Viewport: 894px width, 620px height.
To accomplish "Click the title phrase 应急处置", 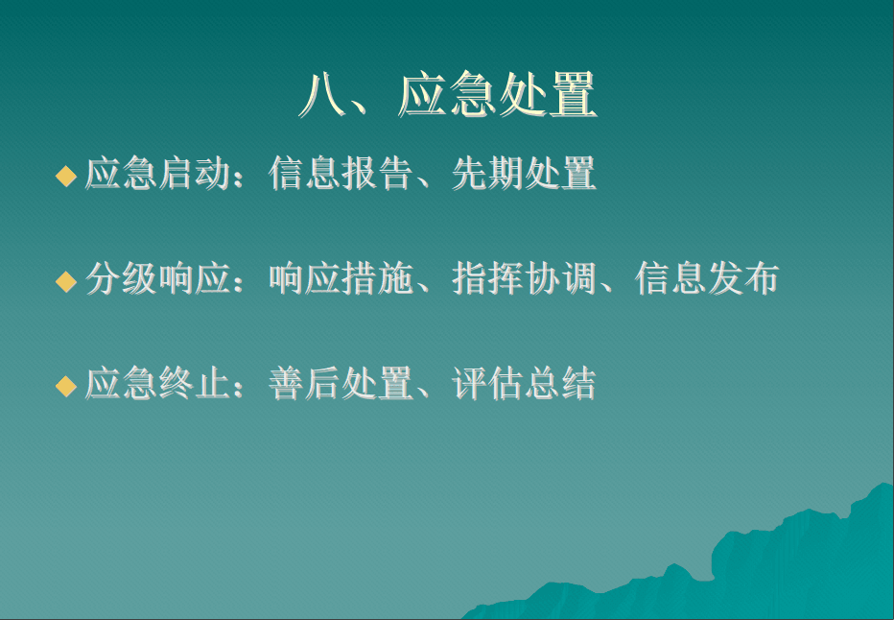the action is (497, 95).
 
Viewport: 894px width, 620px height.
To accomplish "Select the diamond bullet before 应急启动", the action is (66, 176).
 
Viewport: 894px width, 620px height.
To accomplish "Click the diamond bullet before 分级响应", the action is (66, 281).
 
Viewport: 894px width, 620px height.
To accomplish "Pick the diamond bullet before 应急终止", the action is (66, 386).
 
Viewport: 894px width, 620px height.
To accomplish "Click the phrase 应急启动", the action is (158, 173).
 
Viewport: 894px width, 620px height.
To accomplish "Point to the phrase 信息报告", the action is (341, 173).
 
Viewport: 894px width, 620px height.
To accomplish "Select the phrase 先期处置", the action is (524, 173).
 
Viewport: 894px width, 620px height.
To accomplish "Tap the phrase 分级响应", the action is (158, 278).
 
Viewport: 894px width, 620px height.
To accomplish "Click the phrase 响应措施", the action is (341, 278).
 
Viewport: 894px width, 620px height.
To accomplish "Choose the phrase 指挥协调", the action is (524, 278).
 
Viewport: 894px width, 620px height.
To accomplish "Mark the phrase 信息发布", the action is (707, 278).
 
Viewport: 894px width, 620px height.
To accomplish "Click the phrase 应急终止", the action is (158, 383).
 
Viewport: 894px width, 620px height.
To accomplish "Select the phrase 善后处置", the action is (341, 383).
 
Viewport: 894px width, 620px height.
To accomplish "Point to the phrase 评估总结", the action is (524, 383).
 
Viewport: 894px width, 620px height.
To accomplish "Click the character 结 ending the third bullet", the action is (579, 383).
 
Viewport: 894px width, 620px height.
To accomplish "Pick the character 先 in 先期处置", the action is (469, 173).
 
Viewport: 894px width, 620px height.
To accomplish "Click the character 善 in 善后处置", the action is (286, 383).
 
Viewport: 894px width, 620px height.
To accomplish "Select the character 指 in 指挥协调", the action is (469, 278).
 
